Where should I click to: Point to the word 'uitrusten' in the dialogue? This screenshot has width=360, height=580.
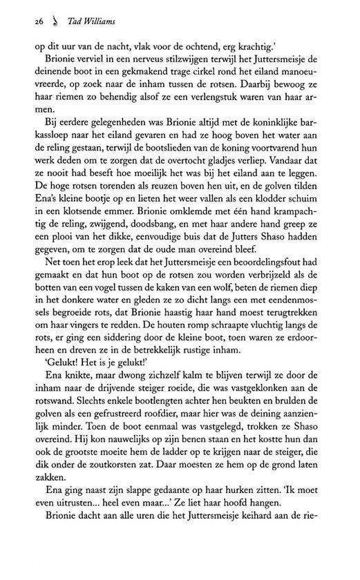50,512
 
